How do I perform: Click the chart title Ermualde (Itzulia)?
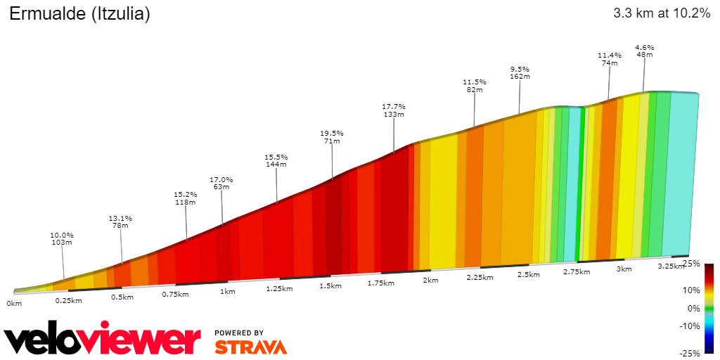pyautogui.click(x=79, y=13)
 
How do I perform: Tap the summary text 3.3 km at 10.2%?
pyautogui.click(x=661, y=13)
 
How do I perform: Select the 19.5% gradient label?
pyautogui.click(x=332, y=133)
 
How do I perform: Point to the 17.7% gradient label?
pyautogui.click(x=394, y=106)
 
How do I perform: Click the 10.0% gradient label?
pyautogui.click(x=62, y=235)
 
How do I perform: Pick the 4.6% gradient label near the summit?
pyautogui.click(x=644, y=47)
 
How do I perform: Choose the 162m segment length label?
pyautogui.click(x=520, y=77)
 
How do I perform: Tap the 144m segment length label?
pyautogui.click(x=276, y=165)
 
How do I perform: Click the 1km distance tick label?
pyautogui.click(x=227, y=291)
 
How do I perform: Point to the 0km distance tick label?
pyautogui.click(x=14, y=303)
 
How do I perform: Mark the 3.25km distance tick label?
pyautogui.click(x=670, y=266)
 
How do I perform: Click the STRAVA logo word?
pyautogui.click(x=250, y=347)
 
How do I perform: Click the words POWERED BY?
pyautogui.click(x=239, y=333)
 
